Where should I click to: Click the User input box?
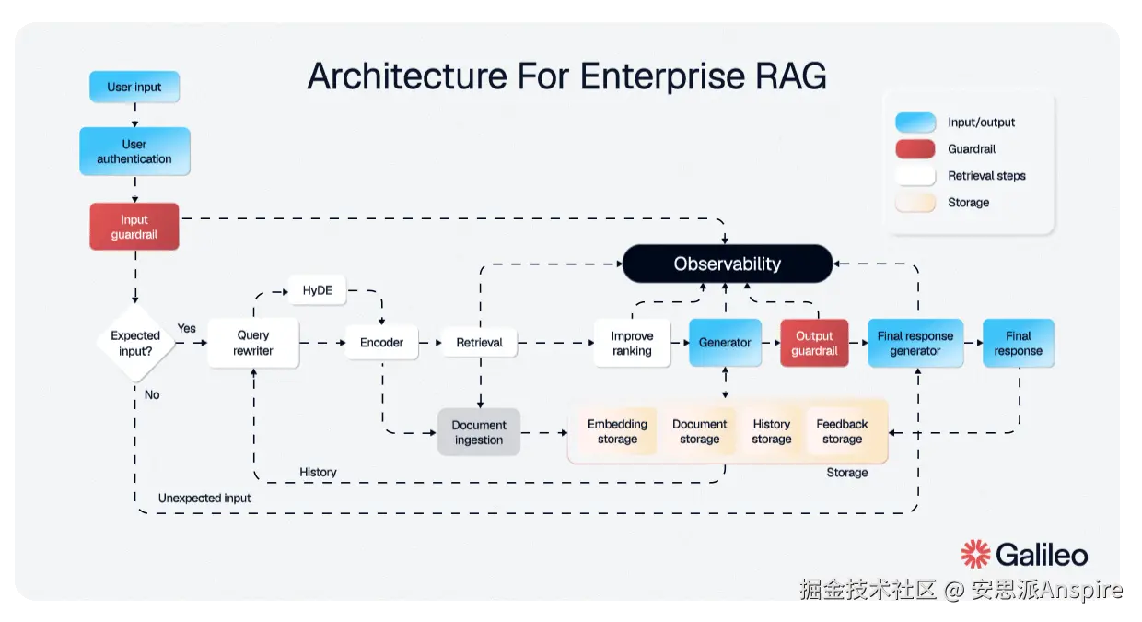134,88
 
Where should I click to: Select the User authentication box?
134,151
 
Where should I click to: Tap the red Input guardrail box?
134,227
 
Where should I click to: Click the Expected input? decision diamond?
135,343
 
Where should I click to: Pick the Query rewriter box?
253,343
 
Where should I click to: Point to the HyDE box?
318,291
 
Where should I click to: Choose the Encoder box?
381,343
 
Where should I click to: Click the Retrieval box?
479,343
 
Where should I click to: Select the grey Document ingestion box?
479,432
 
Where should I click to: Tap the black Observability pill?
727,264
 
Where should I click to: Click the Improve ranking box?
632,343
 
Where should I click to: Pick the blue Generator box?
725,343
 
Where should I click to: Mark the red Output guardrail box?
814,343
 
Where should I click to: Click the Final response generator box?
915,343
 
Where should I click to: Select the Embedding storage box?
617,431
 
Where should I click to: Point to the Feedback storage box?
842,431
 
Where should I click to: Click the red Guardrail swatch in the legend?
915,149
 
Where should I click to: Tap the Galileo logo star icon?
975,555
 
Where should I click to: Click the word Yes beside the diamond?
187,328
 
